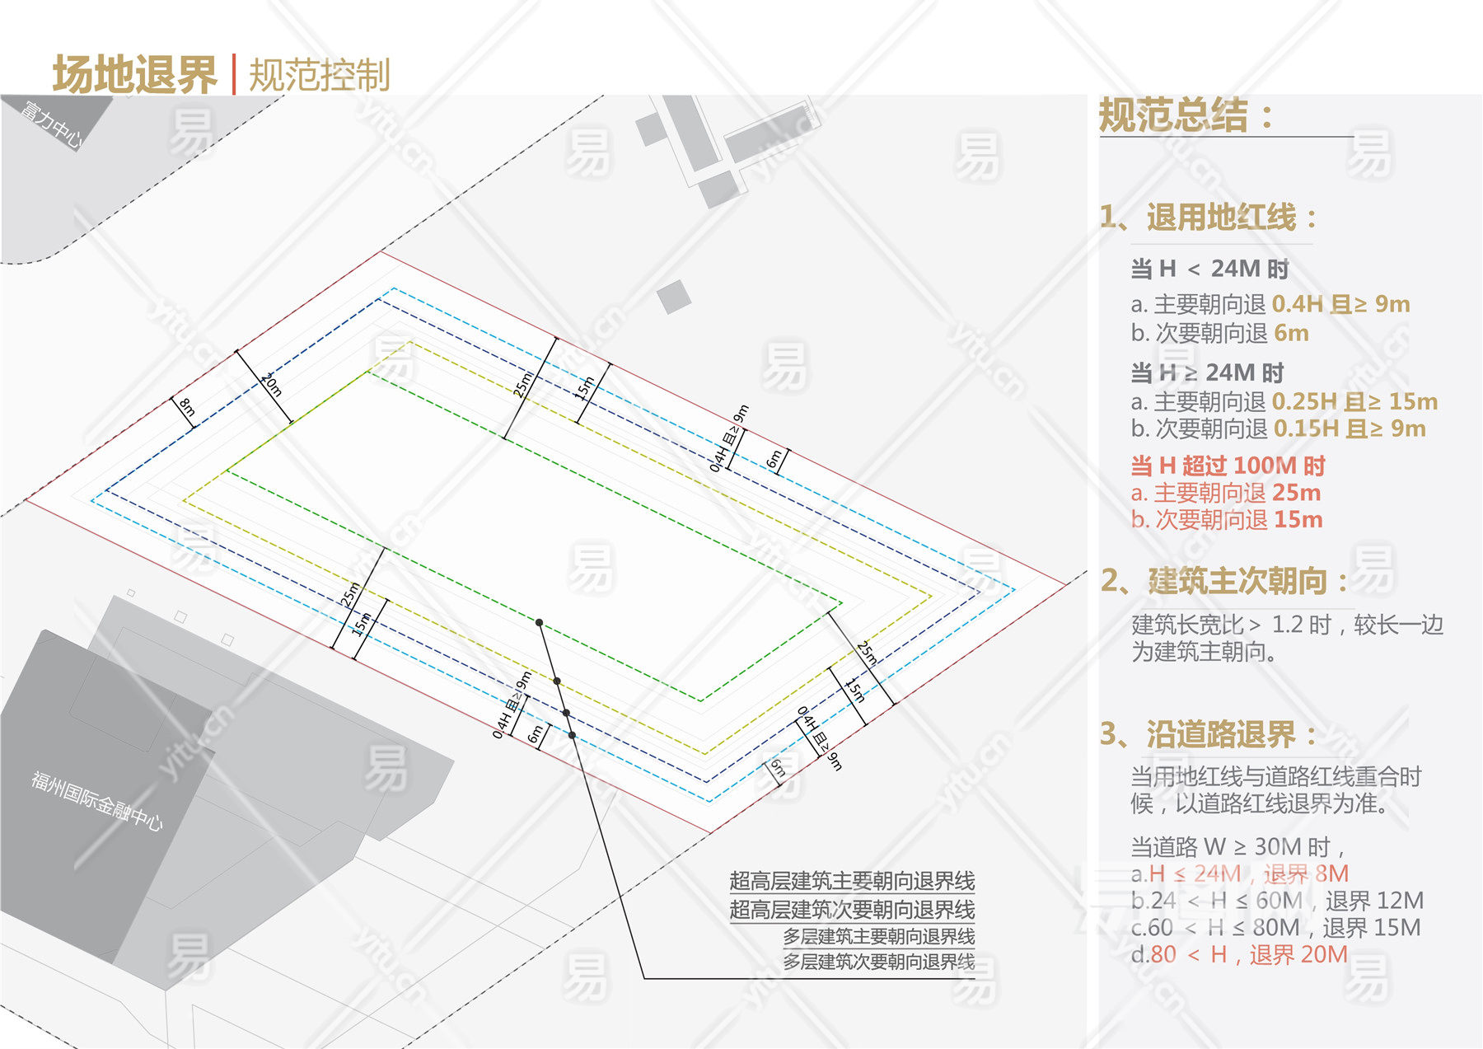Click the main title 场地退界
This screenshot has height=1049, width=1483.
[x=134, y=75]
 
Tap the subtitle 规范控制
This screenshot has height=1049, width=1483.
[x=319, y=75]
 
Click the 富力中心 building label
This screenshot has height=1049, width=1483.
[x=51, y=124]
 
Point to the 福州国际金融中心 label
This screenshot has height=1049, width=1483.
[x=97, y=800]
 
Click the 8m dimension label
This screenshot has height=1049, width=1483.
[x=187, y=407]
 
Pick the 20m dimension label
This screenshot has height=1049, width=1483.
[x=271, y=384]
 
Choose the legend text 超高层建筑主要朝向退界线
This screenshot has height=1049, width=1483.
[x=852, y=881]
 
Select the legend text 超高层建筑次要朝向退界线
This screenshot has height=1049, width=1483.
[x=852, y=910]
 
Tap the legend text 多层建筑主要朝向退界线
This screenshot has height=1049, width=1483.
[x=878, y=936]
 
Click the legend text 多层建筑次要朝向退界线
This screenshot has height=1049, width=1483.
[x=878, y=962]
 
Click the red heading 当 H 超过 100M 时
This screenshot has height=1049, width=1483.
[x=1228, y=466]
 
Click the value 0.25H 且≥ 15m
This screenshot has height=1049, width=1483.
[x=1354, y=401]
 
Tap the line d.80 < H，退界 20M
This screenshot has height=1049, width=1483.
[x=1239, y=954]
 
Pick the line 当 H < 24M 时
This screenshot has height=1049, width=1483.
[x=1209, y=269]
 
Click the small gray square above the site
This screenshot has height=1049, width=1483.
[x=674, y=297]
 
